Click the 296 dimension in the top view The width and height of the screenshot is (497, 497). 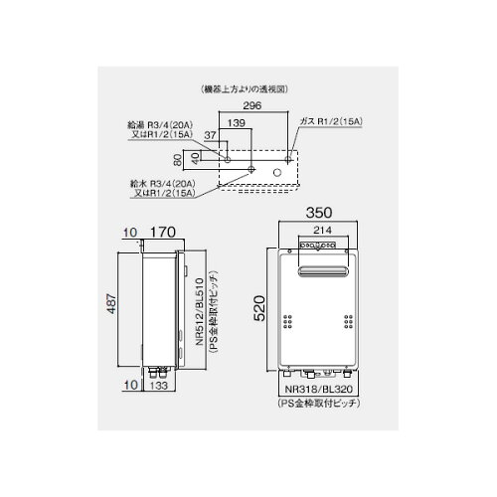point(252,105)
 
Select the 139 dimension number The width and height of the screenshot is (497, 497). point(237,123)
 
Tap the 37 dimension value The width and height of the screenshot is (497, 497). point(210,135)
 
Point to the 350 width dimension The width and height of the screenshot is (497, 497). point(319,213)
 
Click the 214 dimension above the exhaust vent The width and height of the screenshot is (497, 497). point(322,230)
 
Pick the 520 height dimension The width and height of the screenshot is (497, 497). point(259,308)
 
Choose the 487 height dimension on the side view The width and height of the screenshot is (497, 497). point(111,304)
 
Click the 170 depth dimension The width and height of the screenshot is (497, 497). point(163,232)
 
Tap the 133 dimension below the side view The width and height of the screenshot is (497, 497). point(159,386)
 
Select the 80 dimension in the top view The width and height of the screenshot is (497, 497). point(178,160)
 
